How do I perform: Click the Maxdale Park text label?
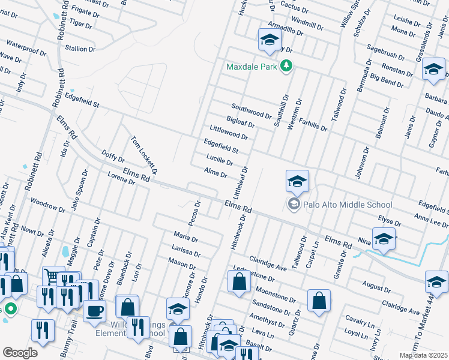tap(252, 67)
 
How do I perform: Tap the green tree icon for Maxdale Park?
tap(286, 67)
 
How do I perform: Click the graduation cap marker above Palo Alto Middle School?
tap(297, 181)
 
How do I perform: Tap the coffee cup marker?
tap(95, 311)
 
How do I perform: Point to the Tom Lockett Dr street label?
tap(145, 154)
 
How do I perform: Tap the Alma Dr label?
tap(215, 173)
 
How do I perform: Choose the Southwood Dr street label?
tap(252, 111)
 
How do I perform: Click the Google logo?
tap(20, 353)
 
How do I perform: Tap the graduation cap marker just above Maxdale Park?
tap(270, 40)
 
